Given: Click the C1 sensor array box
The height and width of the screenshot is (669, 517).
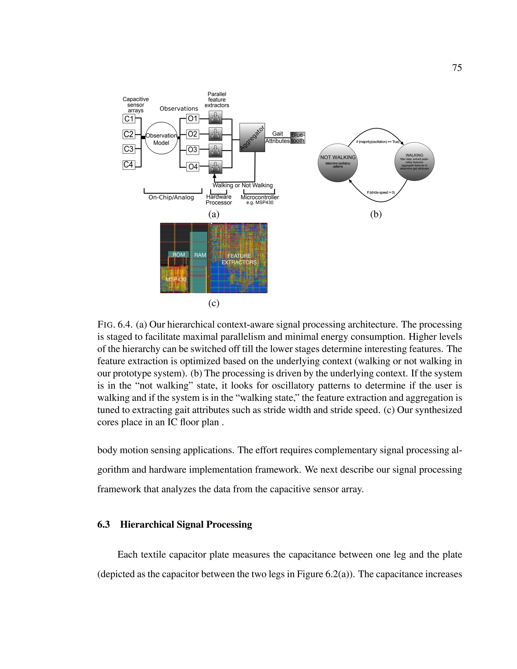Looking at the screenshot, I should (x=129, y=119).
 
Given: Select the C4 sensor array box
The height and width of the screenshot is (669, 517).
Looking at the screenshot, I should (x=129, y=165).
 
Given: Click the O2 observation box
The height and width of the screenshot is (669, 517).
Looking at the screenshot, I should (x=192, y=134).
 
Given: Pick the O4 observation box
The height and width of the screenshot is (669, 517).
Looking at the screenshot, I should (x=193, y=167).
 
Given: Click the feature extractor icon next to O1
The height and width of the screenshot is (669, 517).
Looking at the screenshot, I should (x=215, y=118).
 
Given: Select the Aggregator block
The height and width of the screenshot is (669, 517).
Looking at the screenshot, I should (x=252, y=138).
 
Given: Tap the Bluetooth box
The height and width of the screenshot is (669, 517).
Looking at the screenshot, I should (x=297, y=138).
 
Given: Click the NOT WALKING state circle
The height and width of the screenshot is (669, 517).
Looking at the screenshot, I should (x=338, y=162).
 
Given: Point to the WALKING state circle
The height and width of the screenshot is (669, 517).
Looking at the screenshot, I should (x=415, y=161).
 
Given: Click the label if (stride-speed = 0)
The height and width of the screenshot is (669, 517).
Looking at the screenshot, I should (x=381, y=192).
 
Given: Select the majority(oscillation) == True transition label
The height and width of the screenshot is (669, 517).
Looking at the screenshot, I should (x=378, y=142).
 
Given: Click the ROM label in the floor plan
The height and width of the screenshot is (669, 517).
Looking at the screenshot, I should (x=178, y=254).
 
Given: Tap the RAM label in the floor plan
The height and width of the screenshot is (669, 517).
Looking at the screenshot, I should (x=200, y=255).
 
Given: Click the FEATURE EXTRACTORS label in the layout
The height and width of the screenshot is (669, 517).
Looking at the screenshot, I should (x=239, y=259).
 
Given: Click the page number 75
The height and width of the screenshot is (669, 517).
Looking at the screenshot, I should (x=457, y=68).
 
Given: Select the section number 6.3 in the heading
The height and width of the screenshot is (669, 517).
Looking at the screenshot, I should (x=104, y=524).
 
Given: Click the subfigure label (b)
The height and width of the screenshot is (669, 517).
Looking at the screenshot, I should (x=376, y=214).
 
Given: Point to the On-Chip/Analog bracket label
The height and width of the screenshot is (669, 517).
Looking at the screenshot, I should (x=171, y=197).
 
